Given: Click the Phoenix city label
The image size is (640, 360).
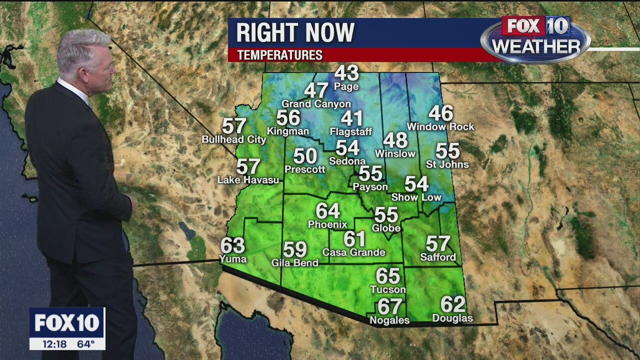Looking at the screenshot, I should tap(327, 224).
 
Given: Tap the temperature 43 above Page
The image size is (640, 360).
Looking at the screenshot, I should tap(346, 73).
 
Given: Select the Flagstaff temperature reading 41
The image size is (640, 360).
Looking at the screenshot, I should tap(351, 118).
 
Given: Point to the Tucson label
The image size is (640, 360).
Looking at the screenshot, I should tap(388, 289).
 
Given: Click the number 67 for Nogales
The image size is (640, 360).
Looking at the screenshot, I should tap(389, 306).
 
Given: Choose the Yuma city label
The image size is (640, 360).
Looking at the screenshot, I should tap(233, 259).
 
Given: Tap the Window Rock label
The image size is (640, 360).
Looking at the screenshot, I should tap(440, 127).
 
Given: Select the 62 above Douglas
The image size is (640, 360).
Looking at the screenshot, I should tap(452, 304).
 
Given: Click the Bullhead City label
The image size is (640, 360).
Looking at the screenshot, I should tap(233, 140).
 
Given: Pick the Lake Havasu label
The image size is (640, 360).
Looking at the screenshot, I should tap(248, 180).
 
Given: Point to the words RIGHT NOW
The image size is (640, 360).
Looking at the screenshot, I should tap(295, 33).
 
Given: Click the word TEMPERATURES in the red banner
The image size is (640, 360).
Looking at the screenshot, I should tap(279, 55).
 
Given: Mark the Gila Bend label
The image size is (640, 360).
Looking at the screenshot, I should tap(294, 263).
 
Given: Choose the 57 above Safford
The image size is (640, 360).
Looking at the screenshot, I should tap(438, 243).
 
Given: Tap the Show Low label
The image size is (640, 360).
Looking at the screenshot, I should tap(416, 197).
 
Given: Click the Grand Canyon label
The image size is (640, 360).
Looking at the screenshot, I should tap(316, 104).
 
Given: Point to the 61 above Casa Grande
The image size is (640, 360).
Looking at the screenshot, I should tap(354, 239).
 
